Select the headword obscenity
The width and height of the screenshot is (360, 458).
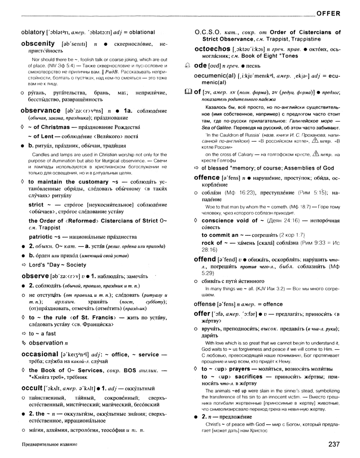coord(38,43)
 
